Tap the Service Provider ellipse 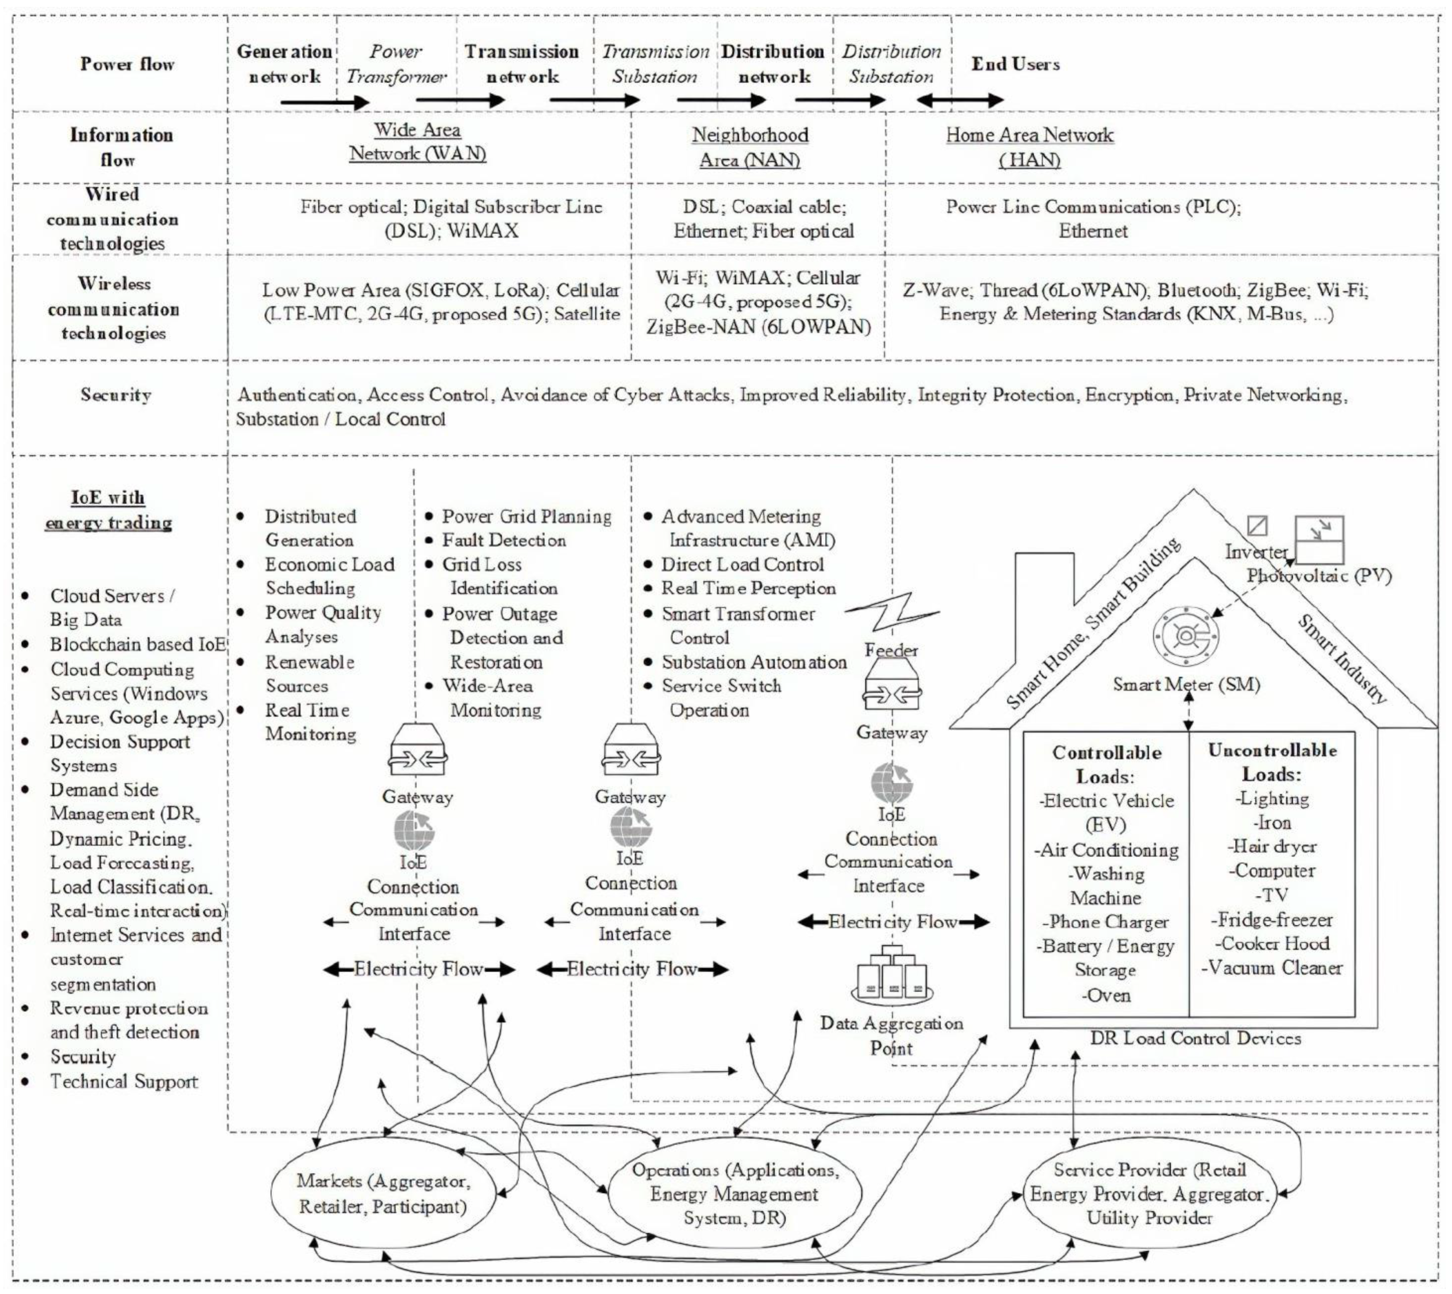[x=1149, y=1194]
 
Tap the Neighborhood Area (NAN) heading [x=750, y=147]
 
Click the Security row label [x=116, y=395]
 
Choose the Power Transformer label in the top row [x=396, y=64]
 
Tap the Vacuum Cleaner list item [x=1272, y=969]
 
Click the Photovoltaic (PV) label [x=1318, y=576]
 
